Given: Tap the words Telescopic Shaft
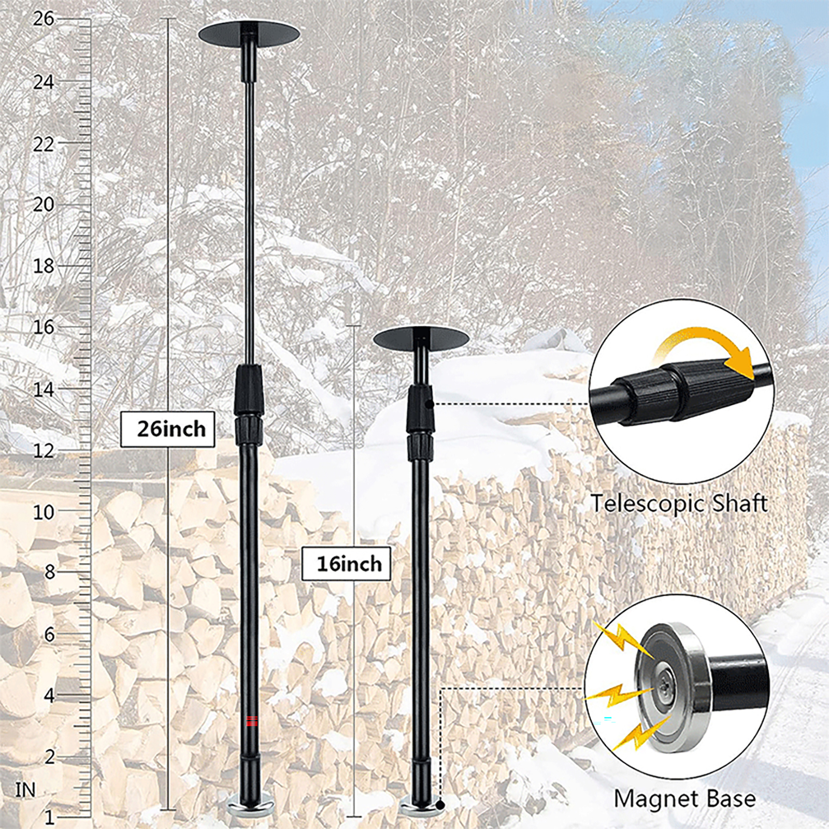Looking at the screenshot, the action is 679,504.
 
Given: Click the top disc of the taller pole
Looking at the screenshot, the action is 249,34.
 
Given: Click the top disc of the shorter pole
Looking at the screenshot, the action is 421,338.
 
